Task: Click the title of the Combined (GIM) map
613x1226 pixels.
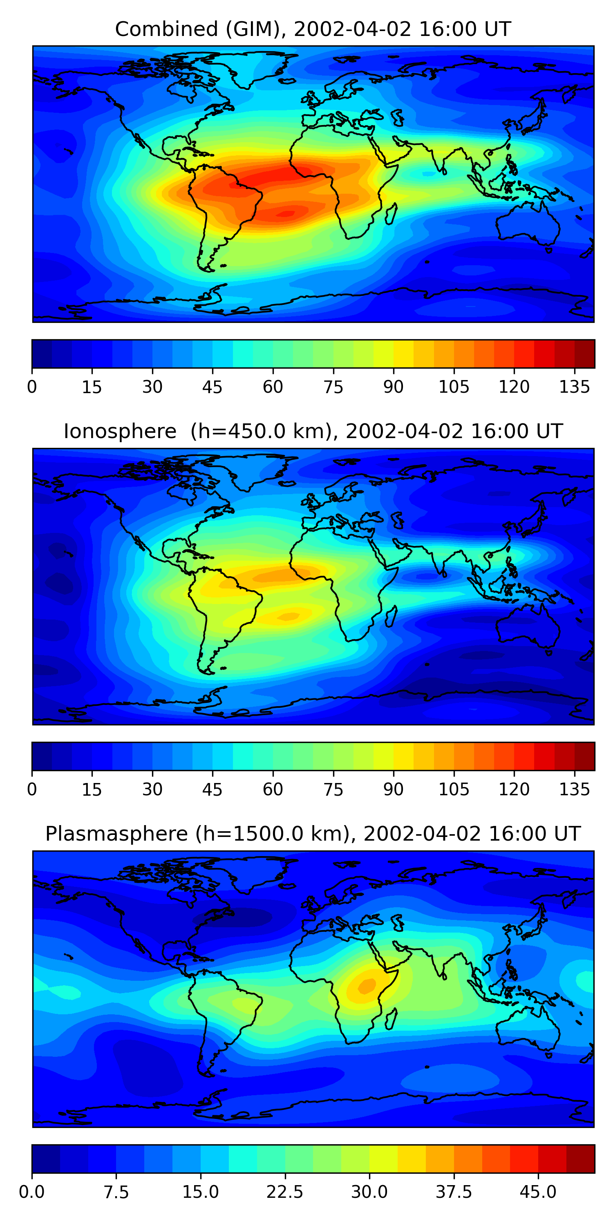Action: [x=313, y=29]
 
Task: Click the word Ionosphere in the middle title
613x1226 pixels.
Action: [x=120, y=431]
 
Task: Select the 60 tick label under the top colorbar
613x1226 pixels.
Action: [x=273, y=387]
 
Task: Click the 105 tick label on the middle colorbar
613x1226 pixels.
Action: [x=454, y=789]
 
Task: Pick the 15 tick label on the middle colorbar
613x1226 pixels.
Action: [x=92, y=789]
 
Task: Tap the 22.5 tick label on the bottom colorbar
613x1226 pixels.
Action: [x=284, y=1192]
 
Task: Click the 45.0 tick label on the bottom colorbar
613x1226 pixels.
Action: [x=538, y=1192]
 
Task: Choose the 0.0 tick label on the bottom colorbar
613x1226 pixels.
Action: [x=32, y=1192]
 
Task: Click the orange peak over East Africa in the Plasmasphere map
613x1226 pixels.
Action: [x=367, y=986]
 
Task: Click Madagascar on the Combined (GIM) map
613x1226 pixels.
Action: [x=391, y=214]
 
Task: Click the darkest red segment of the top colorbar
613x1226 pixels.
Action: [x=584, y=353]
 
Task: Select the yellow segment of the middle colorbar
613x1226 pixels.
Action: [x=404, y=756]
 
